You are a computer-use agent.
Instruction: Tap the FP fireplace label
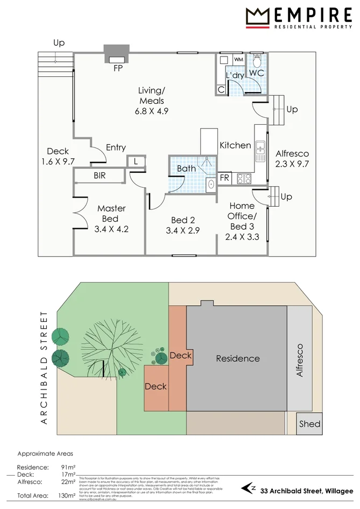pos(117,68)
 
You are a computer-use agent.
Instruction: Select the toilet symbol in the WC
pos(257,59)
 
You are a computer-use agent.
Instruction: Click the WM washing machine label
pos(238,59)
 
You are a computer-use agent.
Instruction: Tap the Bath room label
pos(187,168)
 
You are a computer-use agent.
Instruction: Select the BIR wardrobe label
pos(100,175)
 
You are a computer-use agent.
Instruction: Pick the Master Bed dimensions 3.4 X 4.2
pos(112,229)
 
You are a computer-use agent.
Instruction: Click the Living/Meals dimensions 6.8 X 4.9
pos(151,112)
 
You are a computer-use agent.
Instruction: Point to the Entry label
pos(116,147)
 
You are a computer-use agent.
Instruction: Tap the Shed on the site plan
pos(309,424)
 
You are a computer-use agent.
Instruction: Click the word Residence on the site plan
pos(238,358)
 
